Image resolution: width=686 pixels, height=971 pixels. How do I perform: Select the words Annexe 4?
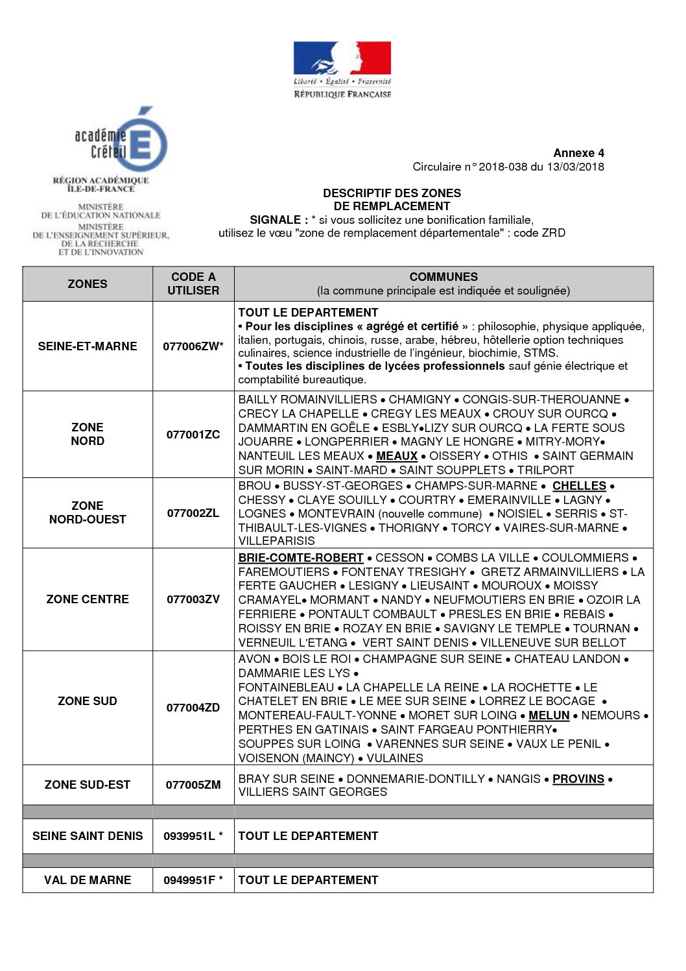click(x=578, y=153)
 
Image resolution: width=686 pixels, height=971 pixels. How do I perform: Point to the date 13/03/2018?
click(x=575, y=167)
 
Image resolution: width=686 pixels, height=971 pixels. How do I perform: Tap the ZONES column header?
click(x=88, y=284)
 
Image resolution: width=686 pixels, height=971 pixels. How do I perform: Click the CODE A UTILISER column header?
click(x=193, y=284)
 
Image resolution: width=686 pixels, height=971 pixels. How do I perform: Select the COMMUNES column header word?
click(x=444, y=277)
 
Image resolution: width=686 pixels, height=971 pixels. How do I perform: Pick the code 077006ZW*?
click(x=193, y=346)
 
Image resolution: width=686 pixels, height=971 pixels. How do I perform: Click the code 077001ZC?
click(x=193, y=435)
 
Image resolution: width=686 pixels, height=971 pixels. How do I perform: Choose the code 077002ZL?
click(x=193, y=513)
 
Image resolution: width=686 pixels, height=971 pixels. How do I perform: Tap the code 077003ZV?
click(x=193, y=599)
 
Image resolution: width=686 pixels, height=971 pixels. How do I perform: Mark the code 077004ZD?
click(x=193, y=708)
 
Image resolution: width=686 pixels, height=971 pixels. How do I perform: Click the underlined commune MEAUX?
click(x=397, y=456)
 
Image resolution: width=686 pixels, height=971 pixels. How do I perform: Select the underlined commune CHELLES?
click(x=579, y=486)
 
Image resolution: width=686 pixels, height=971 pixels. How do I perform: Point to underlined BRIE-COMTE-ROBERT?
click(x=301, y=558)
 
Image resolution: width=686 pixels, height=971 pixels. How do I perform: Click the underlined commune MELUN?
click(x=549, y=715)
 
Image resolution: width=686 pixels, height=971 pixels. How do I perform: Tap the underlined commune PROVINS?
click(x=578, y=779)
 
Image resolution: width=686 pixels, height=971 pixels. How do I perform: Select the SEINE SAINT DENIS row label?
click(x=88, y=836)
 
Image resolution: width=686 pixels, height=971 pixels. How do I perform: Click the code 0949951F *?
click(x=193, y=880)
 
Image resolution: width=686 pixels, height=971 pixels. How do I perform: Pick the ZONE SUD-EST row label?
click(x=88, y=785)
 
